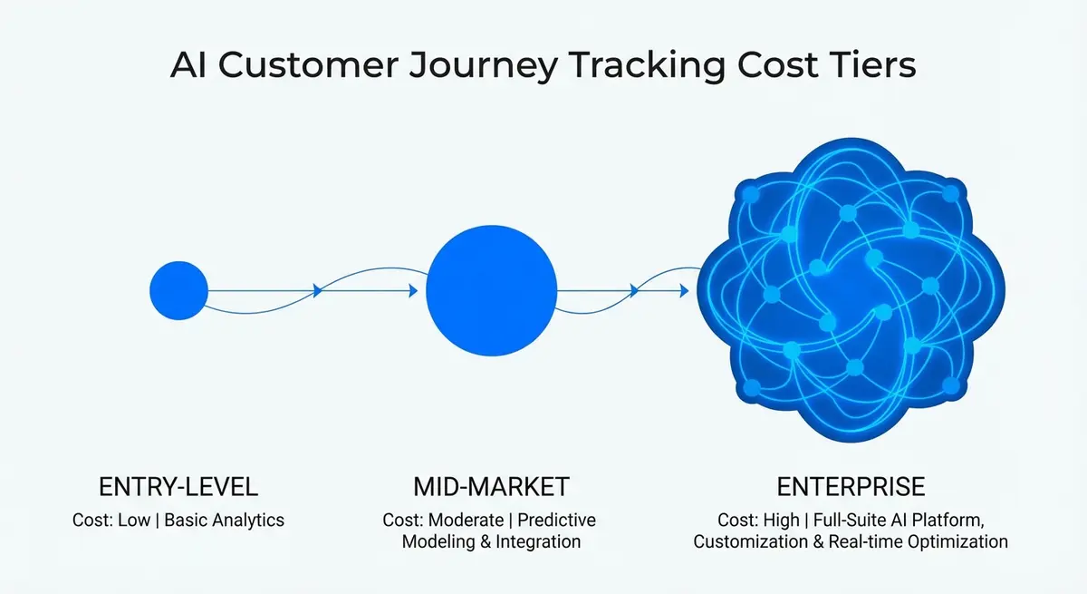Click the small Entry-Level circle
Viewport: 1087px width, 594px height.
coord(178,290)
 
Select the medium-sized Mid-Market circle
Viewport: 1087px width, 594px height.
coord(491,291)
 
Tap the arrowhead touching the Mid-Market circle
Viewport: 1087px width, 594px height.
coord(413,291)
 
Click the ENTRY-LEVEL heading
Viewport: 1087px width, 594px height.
coord(178,487)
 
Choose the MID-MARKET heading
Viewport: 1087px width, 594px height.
coord(491,487)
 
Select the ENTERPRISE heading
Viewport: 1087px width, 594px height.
coord(850,487)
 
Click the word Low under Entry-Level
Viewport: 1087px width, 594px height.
coord(134,521)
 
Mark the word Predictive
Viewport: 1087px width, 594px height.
coord(557,521)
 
